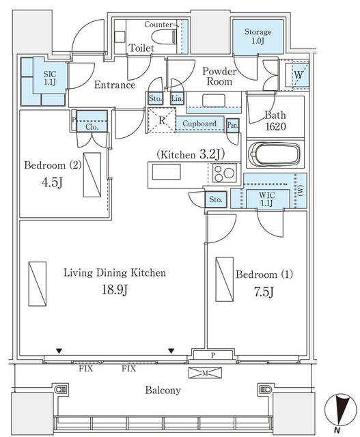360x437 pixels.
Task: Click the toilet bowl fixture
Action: pyautogui.click(x=164, y=36)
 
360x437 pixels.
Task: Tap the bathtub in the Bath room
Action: pyautogui.click(x=275, y=154)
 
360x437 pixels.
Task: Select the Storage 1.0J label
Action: pyautogui.click(x=258, y=36)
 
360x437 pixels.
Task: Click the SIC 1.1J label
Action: pyautogui.click(x=50, y=78)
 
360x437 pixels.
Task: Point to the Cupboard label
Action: pyautogui.click(x=199, y=124)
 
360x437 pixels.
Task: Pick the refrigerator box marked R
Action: pyautogui.click(x=162, y=121)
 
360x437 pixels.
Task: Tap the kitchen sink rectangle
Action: pyautogui.click(x=166, y=171)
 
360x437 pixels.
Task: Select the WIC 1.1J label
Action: pyautogui.click(x=267, y=199)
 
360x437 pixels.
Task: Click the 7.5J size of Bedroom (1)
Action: pyautogui.click(x=264, y=292)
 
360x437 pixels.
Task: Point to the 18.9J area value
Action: pyautogui.click(x=115, y=290)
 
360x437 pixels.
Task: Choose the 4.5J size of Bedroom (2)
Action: pyautogui.click(x=52, y=182)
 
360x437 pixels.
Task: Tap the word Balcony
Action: pyautogui.click(x=163, y=390)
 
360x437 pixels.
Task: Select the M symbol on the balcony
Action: pyautogui.click(x=205, y=373)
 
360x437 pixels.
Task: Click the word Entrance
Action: pyautogui.click(x=115, y=85)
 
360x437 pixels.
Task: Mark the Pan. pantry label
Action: pyautogui.click(x=232, y=125)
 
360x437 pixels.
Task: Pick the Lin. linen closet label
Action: pyautogui.click(x=177, y=98)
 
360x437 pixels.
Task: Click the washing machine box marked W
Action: pyautogui.click(x=298, y=74)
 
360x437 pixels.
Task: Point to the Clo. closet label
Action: pyautogui.click(x=92, y=127)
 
